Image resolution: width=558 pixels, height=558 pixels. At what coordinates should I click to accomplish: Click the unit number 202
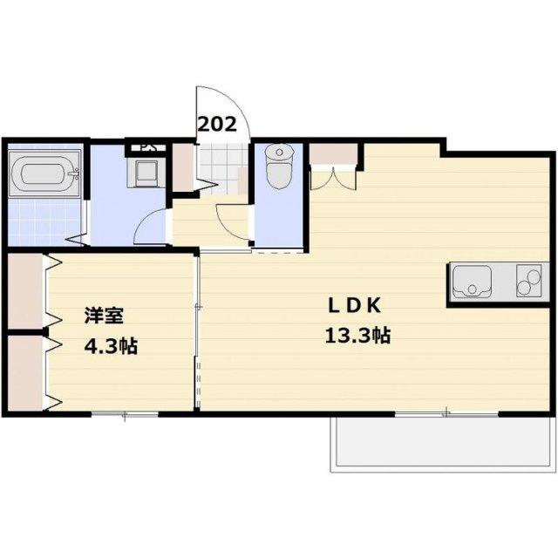[217, 124]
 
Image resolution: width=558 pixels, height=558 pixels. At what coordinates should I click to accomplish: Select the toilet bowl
[279, 168]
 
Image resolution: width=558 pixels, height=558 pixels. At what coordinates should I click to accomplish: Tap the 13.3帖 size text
[358, 336]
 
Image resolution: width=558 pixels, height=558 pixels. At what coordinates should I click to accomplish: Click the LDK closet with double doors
[335, 156]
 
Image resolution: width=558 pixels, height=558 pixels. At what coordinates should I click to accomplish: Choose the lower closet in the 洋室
[25, 373]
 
